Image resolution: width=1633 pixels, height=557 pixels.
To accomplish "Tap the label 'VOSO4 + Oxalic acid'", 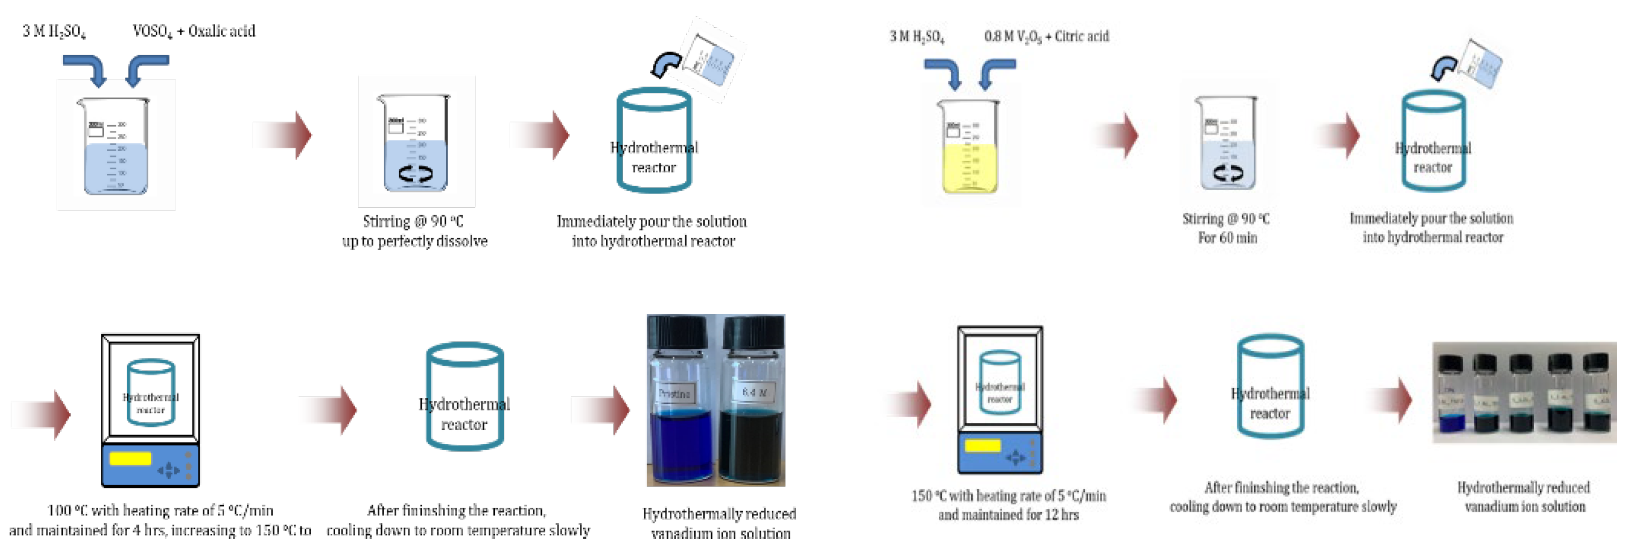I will (x=194, y=31).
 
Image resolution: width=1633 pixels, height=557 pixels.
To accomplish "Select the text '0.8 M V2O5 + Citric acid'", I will (x=1046, y=36).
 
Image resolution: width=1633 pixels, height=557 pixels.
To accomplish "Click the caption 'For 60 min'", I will (x=1227, y=238).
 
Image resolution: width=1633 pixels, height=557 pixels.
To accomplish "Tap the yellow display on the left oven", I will (x=130, y=457).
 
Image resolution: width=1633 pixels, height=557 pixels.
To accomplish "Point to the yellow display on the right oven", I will (x=982, y=445).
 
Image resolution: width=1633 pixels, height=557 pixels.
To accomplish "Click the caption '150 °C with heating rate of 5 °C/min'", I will (x=1008, y=495).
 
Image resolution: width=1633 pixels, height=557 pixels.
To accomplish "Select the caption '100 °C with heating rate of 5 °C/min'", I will (x=160, y=510).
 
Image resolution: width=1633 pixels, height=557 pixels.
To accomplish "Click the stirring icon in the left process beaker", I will (x=416, y=174).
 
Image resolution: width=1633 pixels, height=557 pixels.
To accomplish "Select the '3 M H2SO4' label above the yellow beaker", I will (x=917, y=37).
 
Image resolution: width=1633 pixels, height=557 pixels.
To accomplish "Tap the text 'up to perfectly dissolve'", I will (x=414, y=241).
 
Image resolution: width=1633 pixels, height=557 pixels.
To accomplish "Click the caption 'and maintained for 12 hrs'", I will (x=1008, y=515).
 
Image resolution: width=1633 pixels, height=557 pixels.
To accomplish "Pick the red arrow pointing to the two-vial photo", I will (x=601, y=409).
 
